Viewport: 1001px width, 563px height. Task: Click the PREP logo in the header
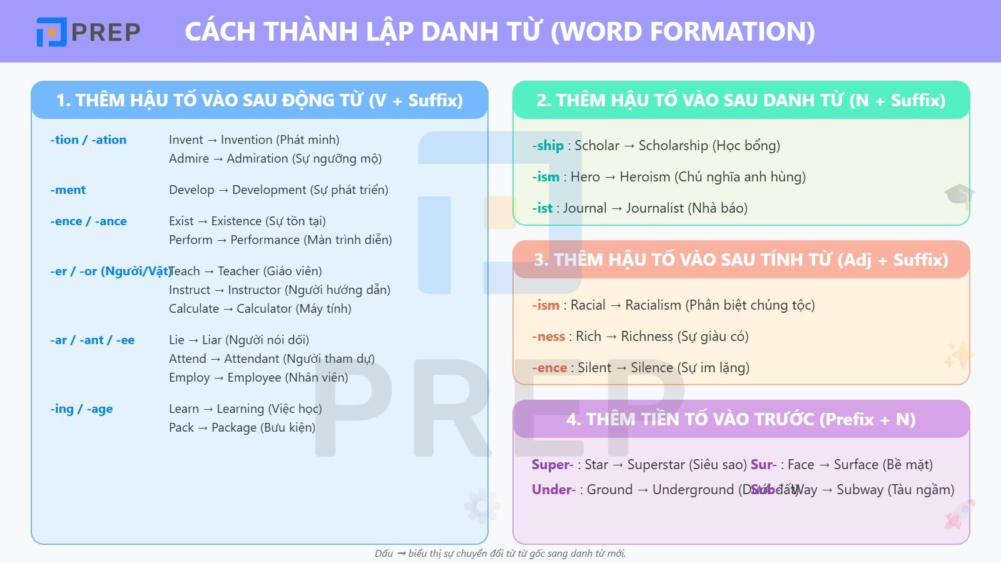pos(88,31)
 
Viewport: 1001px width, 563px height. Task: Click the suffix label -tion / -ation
pos(88,139)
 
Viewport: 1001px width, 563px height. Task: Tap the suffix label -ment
pos(68,190)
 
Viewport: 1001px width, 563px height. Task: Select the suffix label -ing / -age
pos(81,408)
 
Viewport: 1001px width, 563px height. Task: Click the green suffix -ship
pos(548,146)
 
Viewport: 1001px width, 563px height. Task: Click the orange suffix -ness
pos(549,337)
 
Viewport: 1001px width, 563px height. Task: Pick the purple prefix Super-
pos(552,465)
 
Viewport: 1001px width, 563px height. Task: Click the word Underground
pos(693,490)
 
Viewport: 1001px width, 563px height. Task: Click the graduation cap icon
pos(959,195)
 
